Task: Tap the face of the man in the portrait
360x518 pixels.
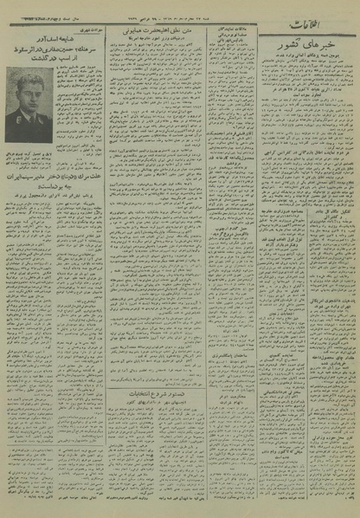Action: tap(29, 99)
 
